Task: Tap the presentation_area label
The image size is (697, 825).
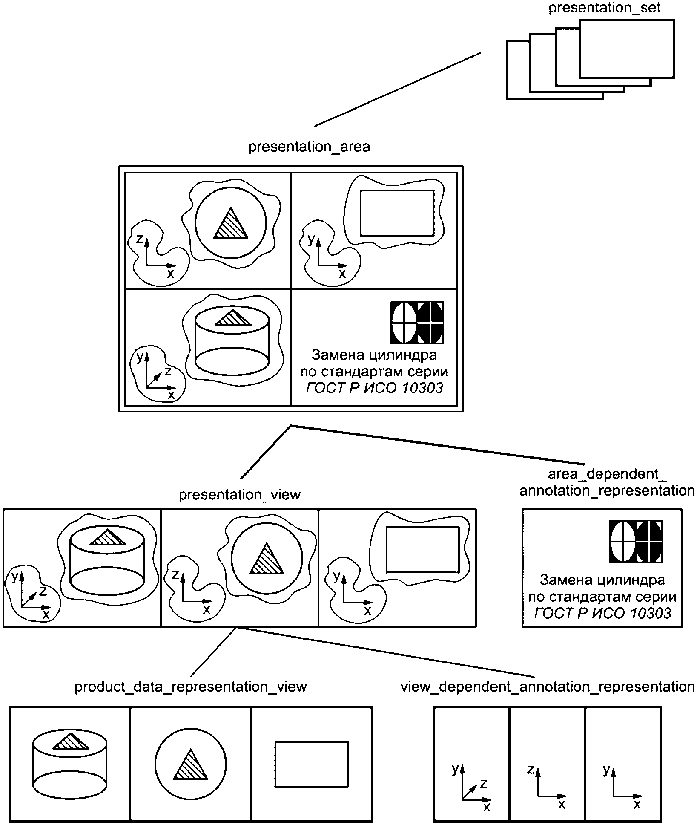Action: pyautogui.click(x=309, y=147)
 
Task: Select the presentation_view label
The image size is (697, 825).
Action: pyautogui.click(x=240, y=495)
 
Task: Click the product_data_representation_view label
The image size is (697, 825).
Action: pyautogui.click(x=191, y=687)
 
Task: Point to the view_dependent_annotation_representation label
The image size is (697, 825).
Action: pyautogui.click(x=548, y=687)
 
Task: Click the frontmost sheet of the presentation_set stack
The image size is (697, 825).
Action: pyautogui.click(x=627, y=49)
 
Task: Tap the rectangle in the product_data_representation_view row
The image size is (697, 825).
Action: pyautogui.click(x=311, y=764)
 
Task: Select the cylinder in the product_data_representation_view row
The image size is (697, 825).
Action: pyautogui.click(x=70, y=764)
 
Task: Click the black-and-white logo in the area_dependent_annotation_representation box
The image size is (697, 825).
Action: pyautogui.click(x=636, y=541)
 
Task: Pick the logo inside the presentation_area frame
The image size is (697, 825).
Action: pyautogui.click(x=417, y=323)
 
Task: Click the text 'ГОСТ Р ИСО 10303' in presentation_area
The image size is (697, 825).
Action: pyautogui.click(x=375, y=388)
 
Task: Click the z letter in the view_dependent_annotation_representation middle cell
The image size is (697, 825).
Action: pyautogui.click(x=531, y=769)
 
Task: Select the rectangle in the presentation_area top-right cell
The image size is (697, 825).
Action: pyautogui.click(x=397, y=213)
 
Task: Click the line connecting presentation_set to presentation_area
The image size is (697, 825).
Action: pyautogui.click(x=397, y=89)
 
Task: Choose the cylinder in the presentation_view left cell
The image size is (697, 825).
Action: pyautogui.click(x=107, y=561)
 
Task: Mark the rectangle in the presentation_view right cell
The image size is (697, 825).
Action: pyautogui.click(x=423, y=550)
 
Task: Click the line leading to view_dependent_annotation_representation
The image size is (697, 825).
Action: pyautogui.click(x=386, y=652)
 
